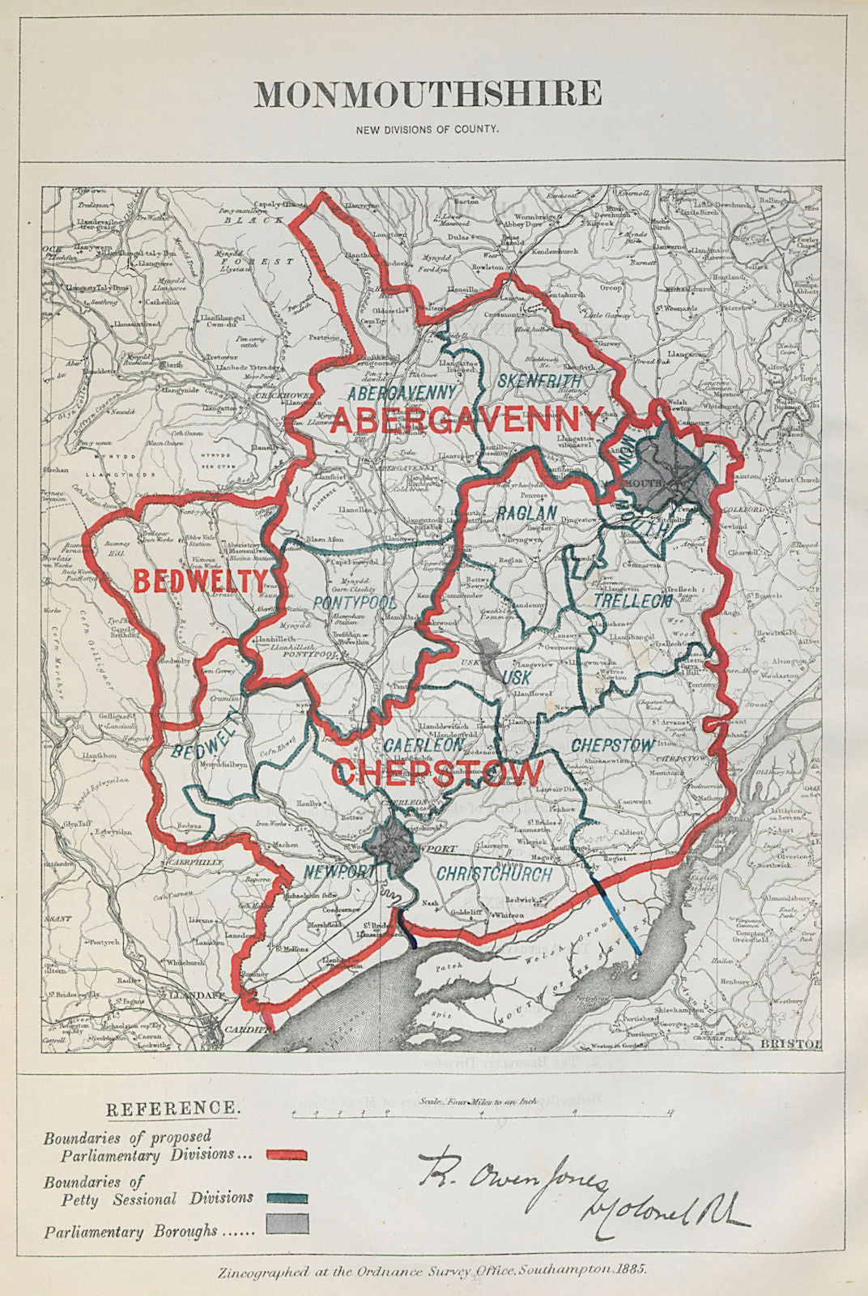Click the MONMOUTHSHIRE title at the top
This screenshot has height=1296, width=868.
coord(428,94)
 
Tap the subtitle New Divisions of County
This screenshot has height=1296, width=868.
coord(428,128)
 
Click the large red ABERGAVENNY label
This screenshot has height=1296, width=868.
coord(466,420)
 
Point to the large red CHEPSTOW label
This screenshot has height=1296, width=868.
coord(438,773)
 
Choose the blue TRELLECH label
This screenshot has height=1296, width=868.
coord(632,601)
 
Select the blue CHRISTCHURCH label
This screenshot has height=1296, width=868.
coord(494,874)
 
